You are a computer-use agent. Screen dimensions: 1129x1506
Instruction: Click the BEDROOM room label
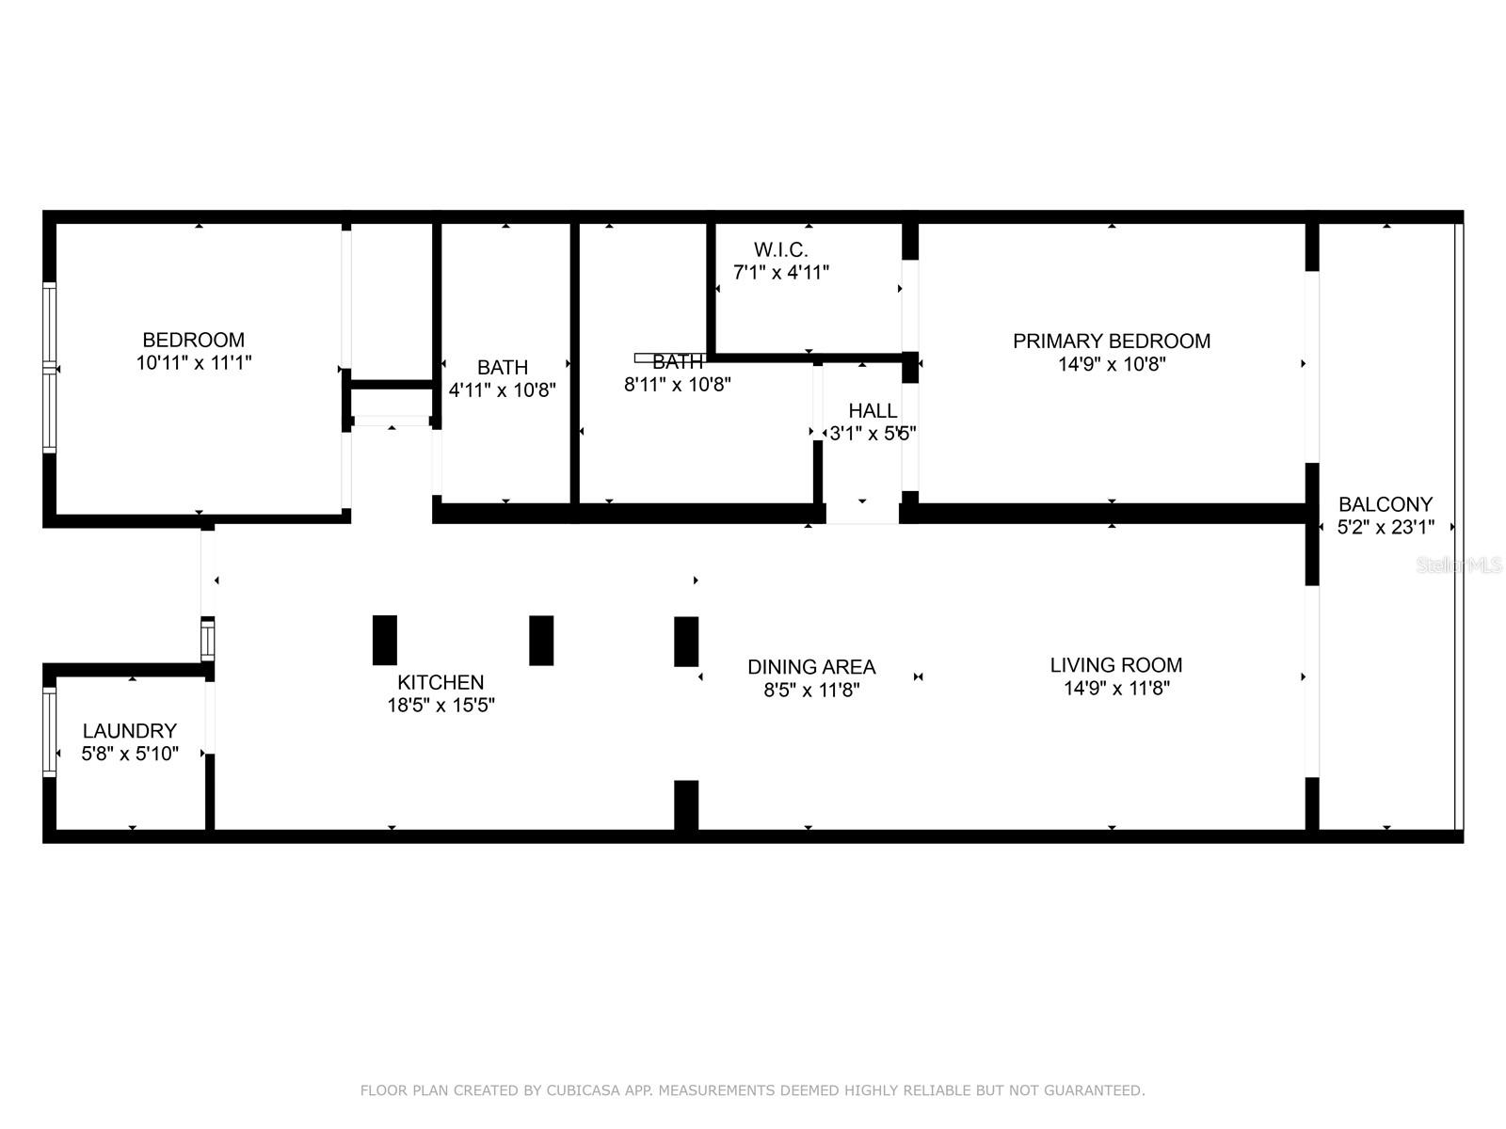(x=193, y=340)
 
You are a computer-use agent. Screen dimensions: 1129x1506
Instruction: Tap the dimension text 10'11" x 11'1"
(x=194, y=362)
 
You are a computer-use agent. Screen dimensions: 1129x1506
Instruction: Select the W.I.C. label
(x=780, y=249)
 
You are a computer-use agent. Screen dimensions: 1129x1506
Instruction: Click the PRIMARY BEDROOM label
(x=1112, y=341)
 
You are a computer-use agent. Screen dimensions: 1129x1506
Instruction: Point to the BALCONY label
(x=1386, y=504)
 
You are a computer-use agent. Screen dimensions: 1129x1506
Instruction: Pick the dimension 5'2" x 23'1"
(x=1386, y=528)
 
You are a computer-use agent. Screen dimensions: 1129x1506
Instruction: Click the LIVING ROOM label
(x=1116, y=665)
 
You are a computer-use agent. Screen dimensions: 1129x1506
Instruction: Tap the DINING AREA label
(x=811, y=667)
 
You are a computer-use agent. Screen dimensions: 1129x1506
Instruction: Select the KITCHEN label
(x=441, y=682)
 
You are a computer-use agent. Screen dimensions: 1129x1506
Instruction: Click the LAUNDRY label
(x=130, y=731)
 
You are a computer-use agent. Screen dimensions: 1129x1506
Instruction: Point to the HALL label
(x=873, y=410)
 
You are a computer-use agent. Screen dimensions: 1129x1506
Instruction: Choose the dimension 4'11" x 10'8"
(x=503, y=390)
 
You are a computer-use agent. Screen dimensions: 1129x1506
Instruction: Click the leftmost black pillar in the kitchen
(x=385, y=640)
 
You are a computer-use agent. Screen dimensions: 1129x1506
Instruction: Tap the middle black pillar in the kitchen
(x=541, y=640)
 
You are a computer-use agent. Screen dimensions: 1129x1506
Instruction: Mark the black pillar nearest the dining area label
(x=686, y=641)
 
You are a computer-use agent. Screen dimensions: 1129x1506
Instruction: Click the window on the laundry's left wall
(x=50, y=731)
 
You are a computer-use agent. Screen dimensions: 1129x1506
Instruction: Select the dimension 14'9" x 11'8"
(x=1116, y=689)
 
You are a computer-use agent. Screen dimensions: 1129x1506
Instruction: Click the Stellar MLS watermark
(x=1460, y=565)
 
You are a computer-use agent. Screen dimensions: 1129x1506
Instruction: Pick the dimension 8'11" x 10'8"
(x=678, y=385)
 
